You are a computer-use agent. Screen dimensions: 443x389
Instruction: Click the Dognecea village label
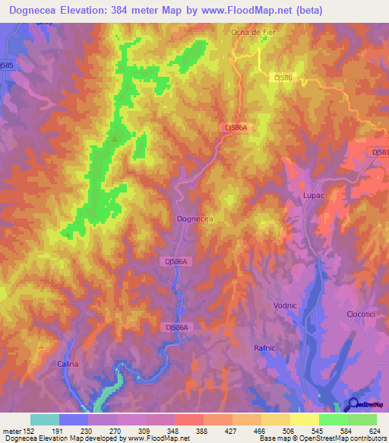[x=194, y=218]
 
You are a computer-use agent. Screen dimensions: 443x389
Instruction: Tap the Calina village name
[x=68, y=365]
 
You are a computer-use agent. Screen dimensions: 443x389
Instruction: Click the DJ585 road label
[x=8, y=65]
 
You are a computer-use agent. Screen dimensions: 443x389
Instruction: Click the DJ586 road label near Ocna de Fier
[x=282, y=77]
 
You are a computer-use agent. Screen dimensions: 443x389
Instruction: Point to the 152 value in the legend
[x=22, y=431]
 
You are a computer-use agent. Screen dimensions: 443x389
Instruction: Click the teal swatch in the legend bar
[x=45, y=419]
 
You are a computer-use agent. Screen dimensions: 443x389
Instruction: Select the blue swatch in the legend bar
[x=74, y=419]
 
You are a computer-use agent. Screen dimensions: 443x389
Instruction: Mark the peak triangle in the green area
[x=115, y=139]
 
